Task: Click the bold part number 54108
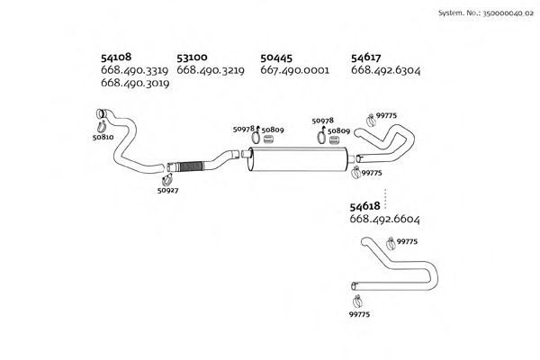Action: tap(118, 57)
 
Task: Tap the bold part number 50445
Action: tap(276, 57)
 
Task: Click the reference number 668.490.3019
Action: tap(137, 83)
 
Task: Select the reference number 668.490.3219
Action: tap(211, 69)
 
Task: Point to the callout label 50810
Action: tap(103, 137)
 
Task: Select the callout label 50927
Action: tap(166, 190)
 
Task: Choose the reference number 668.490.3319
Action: tap(137, 69)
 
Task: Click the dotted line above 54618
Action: tap(385, 195)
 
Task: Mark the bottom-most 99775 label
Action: tap(359, 314)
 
